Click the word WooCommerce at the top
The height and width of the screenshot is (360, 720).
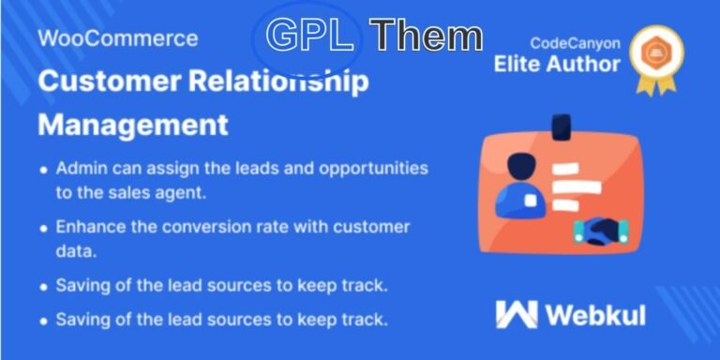pyautogui.click(x=118, y=38)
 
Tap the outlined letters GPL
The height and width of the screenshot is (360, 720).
pyautogui.click(x=309, y=36)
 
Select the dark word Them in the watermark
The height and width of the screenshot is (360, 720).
pyautogui.click(x=426, y=36)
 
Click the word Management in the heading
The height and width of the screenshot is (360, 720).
pyautogui.click(x=133, y=124)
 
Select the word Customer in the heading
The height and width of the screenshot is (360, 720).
pyautogui.click(x=99, y=81)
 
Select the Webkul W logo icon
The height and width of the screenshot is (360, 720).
pyautogui.click(x=517, y=314)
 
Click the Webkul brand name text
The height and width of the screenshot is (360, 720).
pyautogui.click(x=595, y=314)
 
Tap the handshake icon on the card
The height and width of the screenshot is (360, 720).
pyautogui.click(x=600, y=230)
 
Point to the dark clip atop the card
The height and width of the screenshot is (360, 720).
pyautogui.click(x=562, y=126)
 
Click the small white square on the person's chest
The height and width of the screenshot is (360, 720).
pyautogui.click(x=530, y=201)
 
